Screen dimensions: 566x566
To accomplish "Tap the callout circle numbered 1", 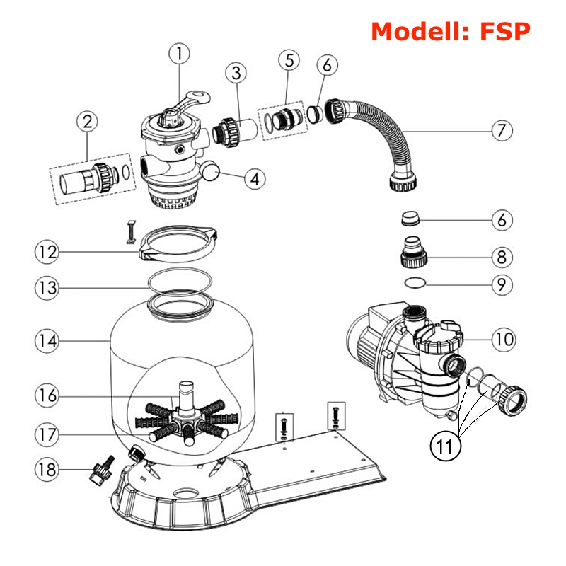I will [x=180, y=53].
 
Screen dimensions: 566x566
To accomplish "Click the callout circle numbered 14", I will [x=47, y=340].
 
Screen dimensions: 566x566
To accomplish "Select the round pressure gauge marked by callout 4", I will [x=210, y=171].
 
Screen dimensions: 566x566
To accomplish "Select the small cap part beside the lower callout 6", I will [x=410, y=219].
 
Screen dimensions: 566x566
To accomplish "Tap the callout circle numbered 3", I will [x=236, y=72].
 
